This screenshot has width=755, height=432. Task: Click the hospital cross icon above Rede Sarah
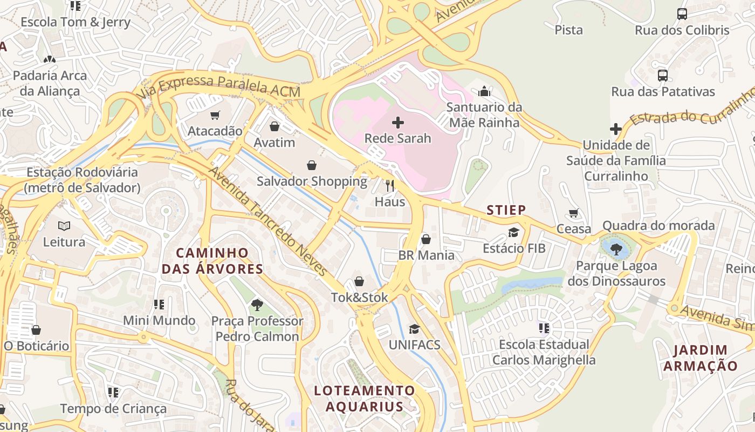tap(398, 122)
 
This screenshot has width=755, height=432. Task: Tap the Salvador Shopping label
tap(312, 181)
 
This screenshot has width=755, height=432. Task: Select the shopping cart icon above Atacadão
tap(215, 114)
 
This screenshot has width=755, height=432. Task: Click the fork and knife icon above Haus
tap(390, 186)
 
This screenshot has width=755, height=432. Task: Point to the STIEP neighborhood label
tap(506, 210)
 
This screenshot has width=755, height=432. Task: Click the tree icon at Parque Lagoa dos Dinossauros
tap(616, 249)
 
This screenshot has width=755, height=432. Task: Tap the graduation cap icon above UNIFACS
tap(414, 329)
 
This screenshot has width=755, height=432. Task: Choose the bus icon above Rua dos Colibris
tap(682, 14)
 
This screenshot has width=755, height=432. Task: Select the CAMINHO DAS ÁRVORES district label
tap(212, 261)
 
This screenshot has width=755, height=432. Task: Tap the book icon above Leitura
tap(64, 226)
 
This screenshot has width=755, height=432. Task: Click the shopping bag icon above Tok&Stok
tap(359, 281)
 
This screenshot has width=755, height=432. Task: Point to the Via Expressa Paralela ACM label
tap(218, 86)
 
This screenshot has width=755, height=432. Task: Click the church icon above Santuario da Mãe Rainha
tap(484, 91)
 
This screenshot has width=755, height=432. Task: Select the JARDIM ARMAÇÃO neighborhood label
tap(700, 357)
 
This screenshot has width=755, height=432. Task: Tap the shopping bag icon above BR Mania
tap(426, 239)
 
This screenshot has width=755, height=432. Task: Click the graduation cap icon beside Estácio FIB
tap(513, 232)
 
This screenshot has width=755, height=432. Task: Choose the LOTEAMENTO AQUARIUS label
tap(365, 398)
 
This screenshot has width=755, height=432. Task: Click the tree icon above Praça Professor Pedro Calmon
tap(257, 305)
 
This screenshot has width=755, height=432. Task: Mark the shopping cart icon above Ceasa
tap(574, 213)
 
